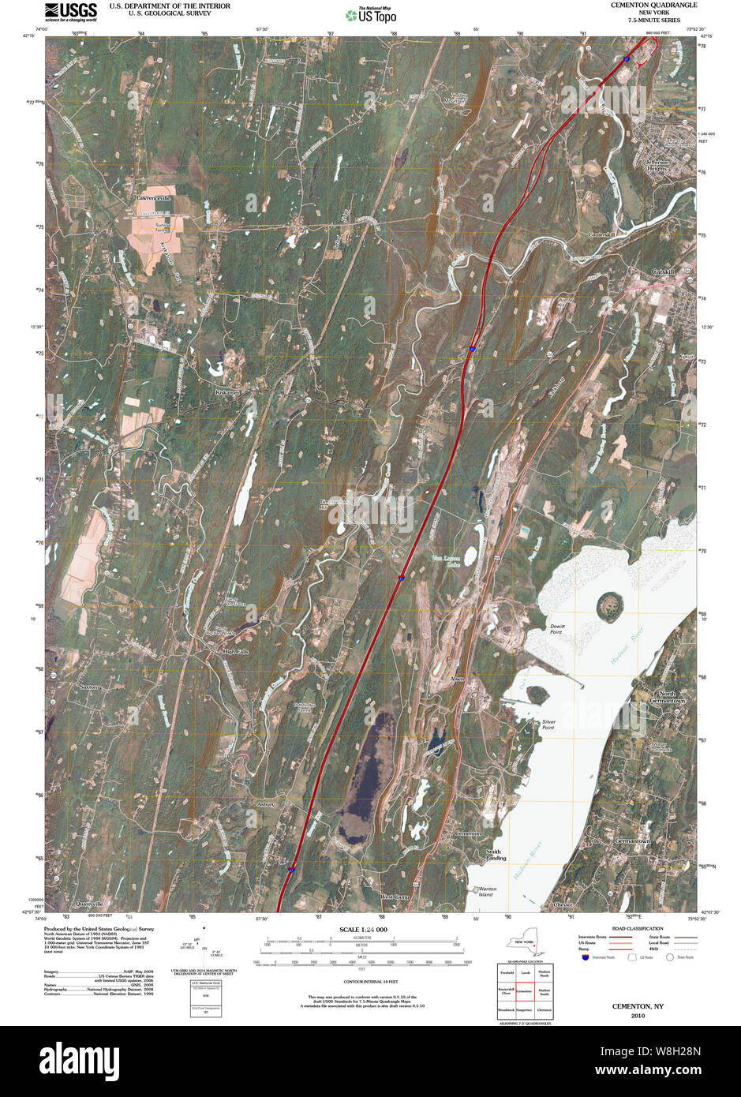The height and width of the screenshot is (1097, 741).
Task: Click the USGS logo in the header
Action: tap(71, 11)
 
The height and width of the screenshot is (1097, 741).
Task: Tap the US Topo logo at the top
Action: tap(370, 14)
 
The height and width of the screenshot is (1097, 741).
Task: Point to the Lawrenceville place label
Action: tap(153, 197)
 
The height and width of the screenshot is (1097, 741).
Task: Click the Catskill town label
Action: tap(664, 271)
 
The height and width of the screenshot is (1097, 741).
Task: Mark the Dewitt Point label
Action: tap(556, 629)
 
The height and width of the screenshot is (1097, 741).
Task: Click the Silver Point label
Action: tap(548, 724)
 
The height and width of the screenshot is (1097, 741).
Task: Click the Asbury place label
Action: tap(266, 804)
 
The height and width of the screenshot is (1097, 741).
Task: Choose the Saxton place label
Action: tap(90, 687)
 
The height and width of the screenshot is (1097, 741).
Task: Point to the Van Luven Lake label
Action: tap(445, 562)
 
